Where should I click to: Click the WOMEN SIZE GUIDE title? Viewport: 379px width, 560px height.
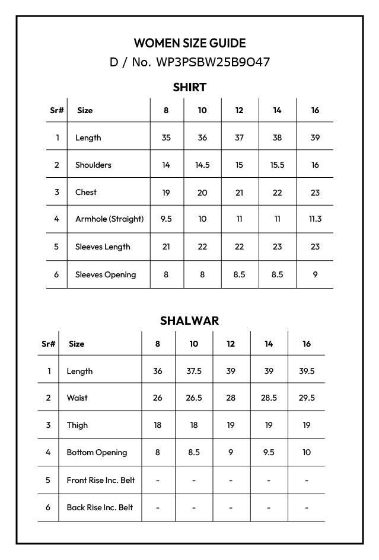click(190, 43)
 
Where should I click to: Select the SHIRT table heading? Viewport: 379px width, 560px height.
click(190, 88)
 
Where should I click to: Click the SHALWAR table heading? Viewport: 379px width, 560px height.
click(190, 321)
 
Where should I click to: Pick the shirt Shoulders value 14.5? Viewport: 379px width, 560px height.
click(202, 165)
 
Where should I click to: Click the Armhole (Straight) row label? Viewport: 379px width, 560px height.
click(109, 219)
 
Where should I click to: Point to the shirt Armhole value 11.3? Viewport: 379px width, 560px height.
click(315, 219)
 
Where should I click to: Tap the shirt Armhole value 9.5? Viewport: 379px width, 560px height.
click(166, 219)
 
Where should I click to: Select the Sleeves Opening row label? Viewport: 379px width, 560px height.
click(106, 274)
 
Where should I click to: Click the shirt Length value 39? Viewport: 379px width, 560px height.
click(315, 137)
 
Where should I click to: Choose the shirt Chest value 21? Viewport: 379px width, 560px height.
click(239, 192)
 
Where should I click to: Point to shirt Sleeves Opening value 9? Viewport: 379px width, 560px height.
click(315, 274)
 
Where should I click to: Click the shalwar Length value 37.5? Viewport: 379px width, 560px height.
click(194, 371)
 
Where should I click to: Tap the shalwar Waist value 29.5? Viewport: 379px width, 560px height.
click(307, 398)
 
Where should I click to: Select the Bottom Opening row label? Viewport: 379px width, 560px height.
click(97, 452)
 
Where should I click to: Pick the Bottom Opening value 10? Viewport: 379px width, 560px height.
click(307, 452)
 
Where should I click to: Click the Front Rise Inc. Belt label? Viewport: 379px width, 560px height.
click(101, 480)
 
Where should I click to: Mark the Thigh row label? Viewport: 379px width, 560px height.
click(77, 425)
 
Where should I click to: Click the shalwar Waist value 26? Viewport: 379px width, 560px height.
click(158, 398)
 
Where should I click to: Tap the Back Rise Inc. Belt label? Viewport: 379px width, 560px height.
click(100, 507)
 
